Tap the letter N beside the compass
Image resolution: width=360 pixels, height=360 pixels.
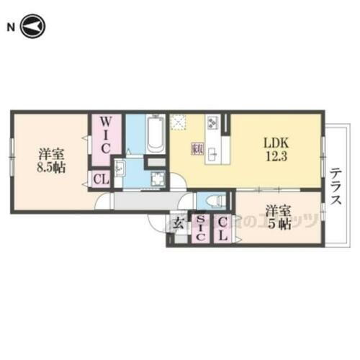pos(11,27)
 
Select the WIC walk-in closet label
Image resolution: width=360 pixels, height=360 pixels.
pos(103,135)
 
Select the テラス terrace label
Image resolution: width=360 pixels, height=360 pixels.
pos(336,186)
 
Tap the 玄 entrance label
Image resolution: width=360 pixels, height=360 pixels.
pos(177,222)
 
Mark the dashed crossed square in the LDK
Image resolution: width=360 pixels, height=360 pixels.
pos(179,123)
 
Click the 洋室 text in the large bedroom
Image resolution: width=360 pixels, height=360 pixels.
pos(49,153)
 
